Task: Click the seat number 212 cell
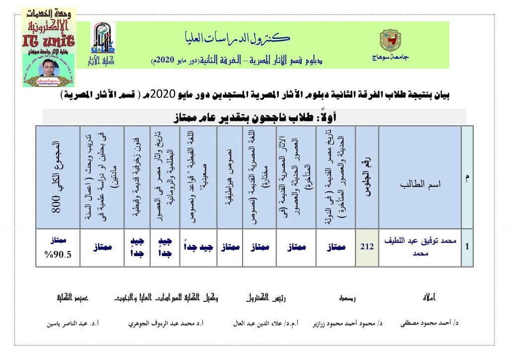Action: tap(367, 247)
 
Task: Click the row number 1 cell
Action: tap(467, 247)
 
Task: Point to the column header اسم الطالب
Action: tap(420, 183)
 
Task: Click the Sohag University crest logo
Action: tap(389, 40)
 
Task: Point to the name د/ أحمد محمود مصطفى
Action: tap(429, 323)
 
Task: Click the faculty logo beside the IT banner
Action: tap(102, 43)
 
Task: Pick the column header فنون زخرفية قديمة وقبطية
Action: tap(137, 177)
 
